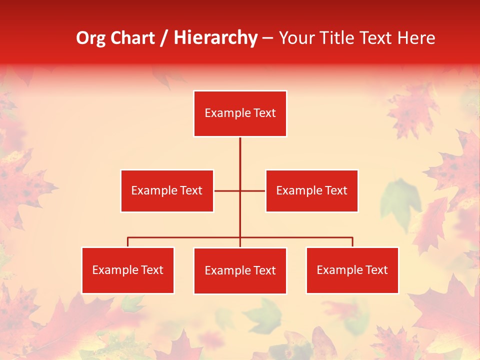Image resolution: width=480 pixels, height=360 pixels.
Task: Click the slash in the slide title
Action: click(163, 38)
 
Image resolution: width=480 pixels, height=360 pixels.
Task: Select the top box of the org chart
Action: click(240, 113)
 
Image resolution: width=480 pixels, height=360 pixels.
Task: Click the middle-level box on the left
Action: click(167, 190)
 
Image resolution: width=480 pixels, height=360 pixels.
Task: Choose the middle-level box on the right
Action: click(311, 190)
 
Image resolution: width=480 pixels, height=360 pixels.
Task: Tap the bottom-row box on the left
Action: click(128, 270)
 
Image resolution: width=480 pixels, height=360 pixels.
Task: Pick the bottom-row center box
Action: click(240, 270)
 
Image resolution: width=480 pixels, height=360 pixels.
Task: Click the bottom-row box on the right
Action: click(352, 270)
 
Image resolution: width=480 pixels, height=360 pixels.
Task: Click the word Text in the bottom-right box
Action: click(376, 270)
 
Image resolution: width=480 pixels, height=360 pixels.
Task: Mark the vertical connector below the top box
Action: click(240, 160)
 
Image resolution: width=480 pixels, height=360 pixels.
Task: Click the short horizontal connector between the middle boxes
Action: click(227, 190)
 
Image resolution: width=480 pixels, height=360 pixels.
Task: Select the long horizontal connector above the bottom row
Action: click(185, 237)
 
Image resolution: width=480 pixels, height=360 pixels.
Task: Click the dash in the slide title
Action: click(267, 38)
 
